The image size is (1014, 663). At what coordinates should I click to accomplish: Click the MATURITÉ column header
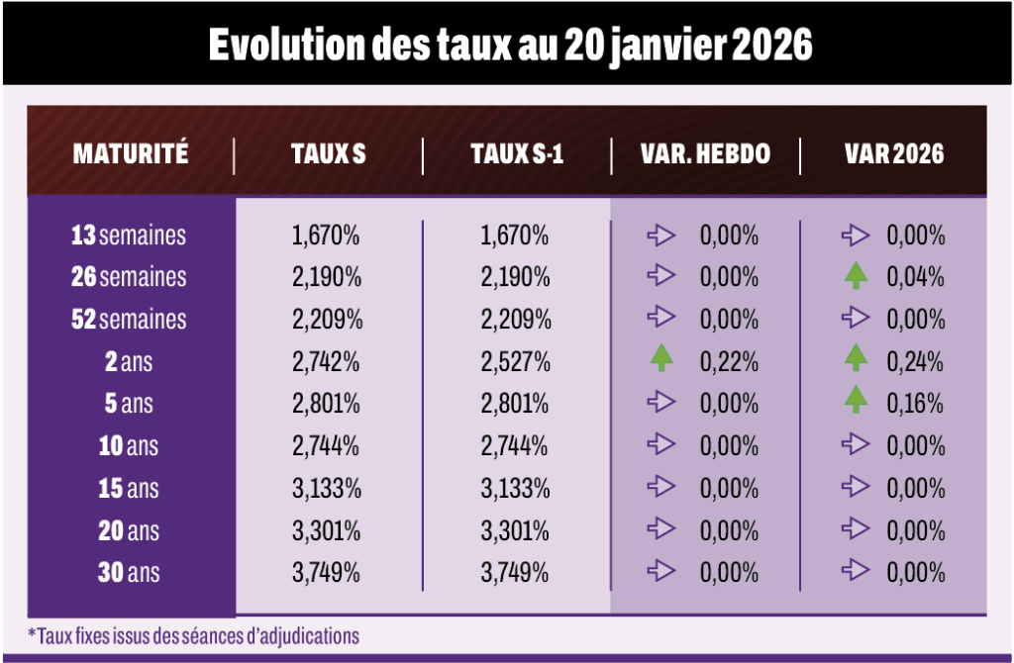(131, 153)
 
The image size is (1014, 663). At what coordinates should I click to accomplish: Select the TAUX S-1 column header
(517, 153)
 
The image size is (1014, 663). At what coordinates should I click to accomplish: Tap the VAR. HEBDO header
(705, 153)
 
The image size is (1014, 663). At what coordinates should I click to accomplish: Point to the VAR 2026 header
(894, 153)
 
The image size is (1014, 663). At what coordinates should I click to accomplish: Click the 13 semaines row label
(129, 236)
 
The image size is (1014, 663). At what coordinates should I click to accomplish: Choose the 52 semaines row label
(129, 320)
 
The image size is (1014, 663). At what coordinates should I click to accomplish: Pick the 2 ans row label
(129, 362)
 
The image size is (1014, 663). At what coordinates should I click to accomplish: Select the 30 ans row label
(129, 573)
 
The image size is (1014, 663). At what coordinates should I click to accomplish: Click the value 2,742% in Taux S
(326, 362)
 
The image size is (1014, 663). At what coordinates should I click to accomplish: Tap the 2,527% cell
(515, 362)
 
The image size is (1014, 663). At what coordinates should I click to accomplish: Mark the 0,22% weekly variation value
(729, 362)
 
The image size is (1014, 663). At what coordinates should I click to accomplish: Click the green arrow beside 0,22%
(661, 358)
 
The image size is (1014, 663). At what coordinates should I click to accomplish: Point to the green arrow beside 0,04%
(857, 275)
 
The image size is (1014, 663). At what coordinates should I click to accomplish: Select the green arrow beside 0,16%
(857, 400)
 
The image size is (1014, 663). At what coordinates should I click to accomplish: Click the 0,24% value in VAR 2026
(915, 362)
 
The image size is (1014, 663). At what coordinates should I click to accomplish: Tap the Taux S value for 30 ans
(326, 573)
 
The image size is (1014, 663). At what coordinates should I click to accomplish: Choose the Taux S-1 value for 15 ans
(515, 489)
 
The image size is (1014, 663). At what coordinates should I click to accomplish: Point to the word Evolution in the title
(287, 45)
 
